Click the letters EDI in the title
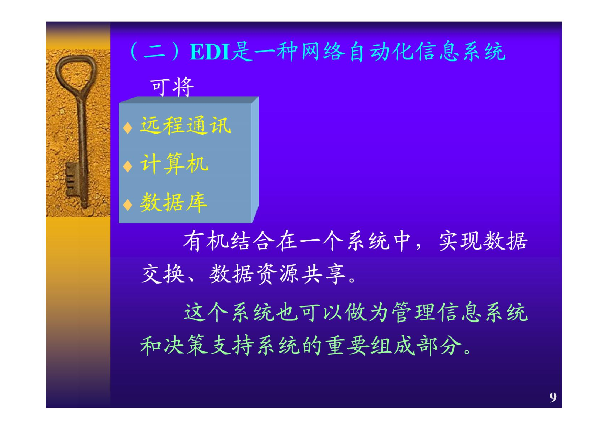pyautogui.click(x=210, y=52)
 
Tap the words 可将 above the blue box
pyautogui.click(x=172, y=87)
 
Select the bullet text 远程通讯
pyautogui.click(x=185, y=125)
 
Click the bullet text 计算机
pyautogui.click(x=174, y=163)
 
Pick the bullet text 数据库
pyautogui.click(x=174, y=202)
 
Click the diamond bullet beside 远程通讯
pyautogui.click(x=127, y=128)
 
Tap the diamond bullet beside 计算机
pyautogui.click(x=127, y=166)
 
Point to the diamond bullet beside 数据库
pyautogui.click(x=127, y=205)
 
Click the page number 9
pyautogui.click(x=553, y=397)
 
